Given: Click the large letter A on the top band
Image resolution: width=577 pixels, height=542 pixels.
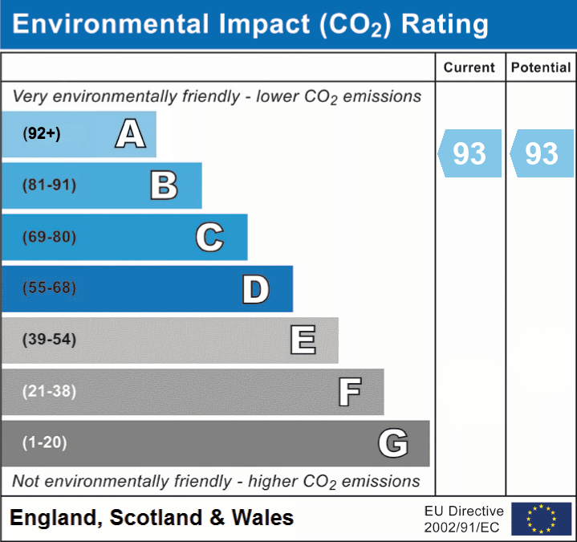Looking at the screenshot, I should coord(130,134).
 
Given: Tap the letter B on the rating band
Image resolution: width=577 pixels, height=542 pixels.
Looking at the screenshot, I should coord(165,185).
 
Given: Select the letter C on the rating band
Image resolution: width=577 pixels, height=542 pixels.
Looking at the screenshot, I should coord(209,237).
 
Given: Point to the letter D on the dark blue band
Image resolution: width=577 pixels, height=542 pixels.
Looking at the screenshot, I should coord(255,288).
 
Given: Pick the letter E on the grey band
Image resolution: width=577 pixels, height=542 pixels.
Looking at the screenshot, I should coord(303,340).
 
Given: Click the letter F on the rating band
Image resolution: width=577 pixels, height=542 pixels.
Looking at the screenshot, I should coord(349,392).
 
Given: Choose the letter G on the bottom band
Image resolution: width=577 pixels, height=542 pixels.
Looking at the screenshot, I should coord(393,443).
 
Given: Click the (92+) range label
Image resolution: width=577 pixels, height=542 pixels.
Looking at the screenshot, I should coord(42,134).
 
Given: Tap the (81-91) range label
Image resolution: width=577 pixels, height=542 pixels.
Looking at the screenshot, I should coord(50,185).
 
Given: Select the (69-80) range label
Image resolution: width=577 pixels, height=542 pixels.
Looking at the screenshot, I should coord(50,237).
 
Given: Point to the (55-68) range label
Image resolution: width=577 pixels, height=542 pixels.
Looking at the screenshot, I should coord(50,288).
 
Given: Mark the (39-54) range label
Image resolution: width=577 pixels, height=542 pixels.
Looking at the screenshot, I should coord(50,340).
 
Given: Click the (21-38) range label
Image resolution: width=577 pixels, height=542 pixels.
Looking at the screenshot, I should coord(50,392).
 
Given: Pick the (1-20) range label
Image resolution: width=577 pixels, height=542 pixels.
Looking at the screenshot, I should coord(45,442).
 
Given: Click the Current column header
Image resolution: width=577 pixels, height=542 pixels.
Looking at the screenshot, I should coord(469,68).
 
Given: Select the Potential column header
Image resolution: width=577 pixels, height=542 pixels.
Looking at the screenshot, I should coord(541,68).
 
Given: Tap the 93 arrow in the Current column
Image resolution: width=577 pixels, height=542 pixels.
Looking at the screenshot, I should coord(469,153).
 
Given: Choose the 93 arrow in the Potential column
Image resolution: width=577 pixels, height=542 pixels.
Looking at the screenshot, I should coord(542,153).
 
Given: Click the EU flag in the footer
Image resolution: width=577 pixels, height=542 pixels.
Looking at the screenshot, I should coord(541,519).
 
